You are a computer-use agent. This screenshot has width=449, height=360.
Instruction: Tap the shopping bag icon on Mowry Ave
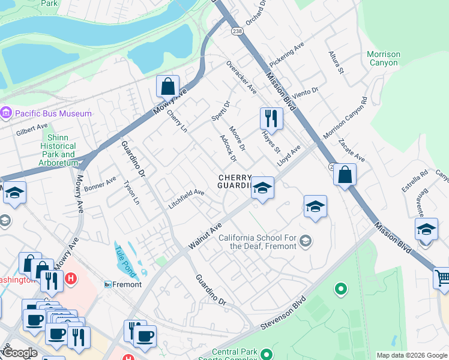click(168, 86)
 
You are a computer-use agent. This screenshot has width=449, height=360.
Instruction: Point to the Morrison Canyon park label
click(383, 58)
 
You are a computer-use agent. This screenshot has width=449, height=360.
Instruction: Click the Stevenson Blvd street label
click(284, 312)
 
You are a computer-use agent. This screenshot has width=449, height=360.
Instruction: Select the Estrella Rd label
click(415, 181)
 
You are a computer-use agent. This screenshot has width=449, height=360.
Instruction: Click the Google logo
click(19, 353)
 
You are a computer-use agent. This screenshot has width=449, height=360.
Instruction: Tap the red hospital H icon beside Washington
click(71, 278)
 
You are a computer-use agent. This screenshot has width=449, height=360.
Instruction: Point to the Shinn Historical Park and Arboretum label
click(58, 150)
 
